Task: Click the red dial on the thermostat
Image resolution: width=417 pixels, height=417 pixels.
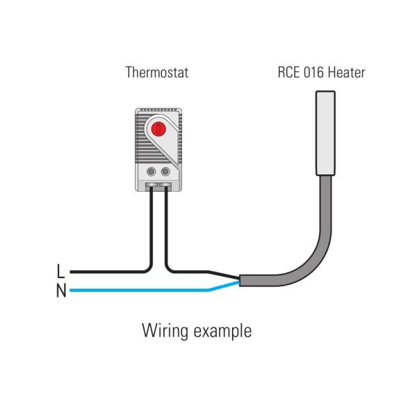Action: click(158, 128)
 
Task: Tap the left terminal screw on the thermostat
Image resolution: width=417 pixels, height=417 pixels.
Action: click(152, 170)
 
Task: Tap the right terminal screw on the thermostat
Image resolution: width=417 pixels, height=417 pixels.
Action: click(165, 170)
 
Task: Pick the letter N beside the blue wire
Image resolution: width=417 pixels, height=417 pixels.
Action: click(61, 290)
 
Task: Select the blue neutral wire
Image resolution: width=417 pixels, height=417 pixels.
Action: click(139, 290)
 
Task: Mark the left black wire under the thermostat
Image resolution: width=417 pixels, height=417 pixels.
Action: click(150, 222)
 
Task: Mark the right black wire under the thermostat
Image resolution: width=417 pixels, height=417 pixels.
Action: click(166, 222)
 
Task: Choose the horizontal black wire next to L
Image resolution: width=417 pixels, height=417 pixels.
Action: click(104, 272)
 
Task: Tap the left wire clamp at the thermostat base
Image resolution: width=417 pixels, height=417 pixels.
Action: click(152, 186)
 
